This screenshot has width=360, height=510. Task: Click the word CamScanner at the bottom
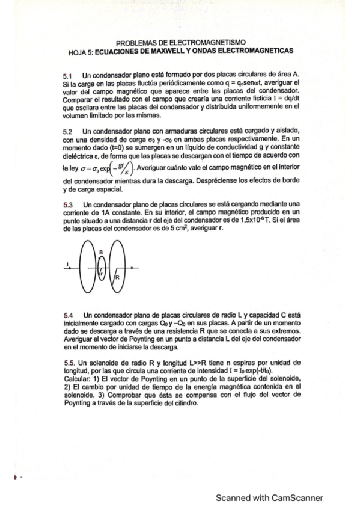294,497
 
